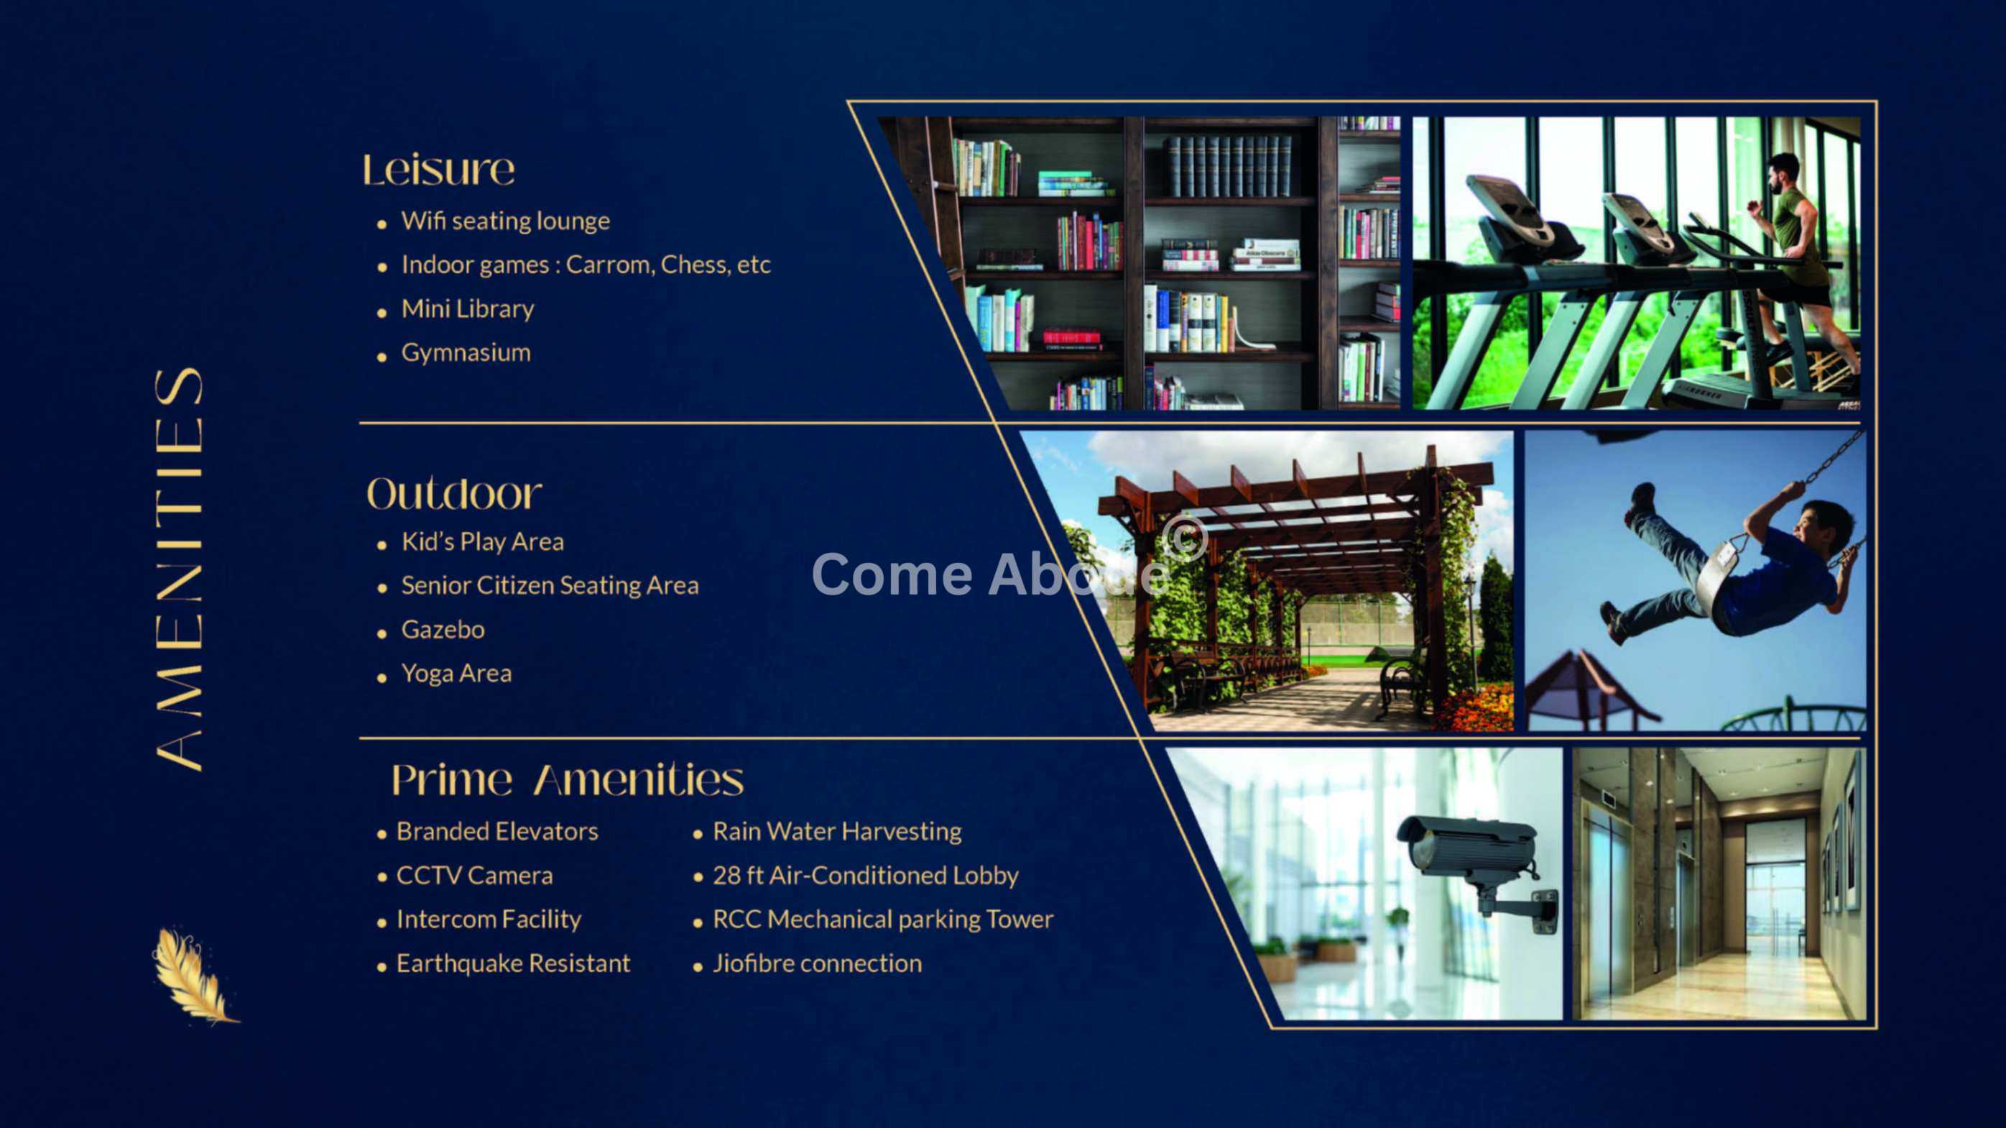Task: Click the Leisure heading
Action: pos(438,170)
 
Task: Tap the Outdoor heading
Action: pos(454,493)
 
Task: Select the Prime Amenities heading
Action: pos(567,779)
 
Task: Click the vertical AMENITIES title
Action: pos(178,569)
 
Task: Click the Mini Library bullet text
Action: pos(467,308)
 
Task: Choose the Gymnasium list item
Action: pos(466,353)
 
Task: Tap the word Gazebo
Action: pos(443,630)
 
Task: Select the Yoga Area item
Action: pos(456,673)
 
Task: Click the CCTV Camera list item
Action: pos(474,876)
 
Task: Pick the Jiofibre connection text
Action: pos(817,963)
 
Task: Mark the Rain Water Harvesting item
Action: pos(837,832)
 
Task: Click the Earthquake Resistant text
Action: pos(513,963)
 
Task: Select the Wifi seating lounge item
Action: pos(505,221)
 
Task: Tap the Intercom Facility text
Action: pos(489,920)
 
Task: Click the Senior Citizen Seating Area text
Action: pos(550,586)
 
